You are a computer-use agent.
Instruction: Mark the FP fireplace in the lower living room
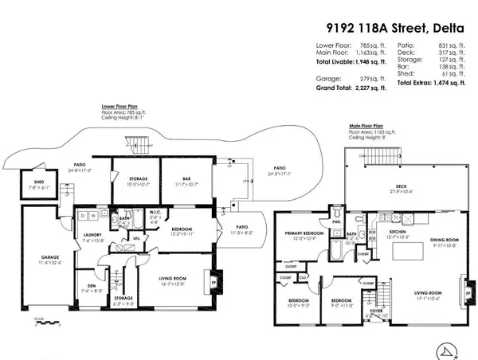pos(222,281)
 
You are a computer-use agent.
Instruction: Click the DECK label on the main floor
pos(406,188)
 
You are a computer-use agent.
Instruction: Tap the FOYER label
pos(372,311)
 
